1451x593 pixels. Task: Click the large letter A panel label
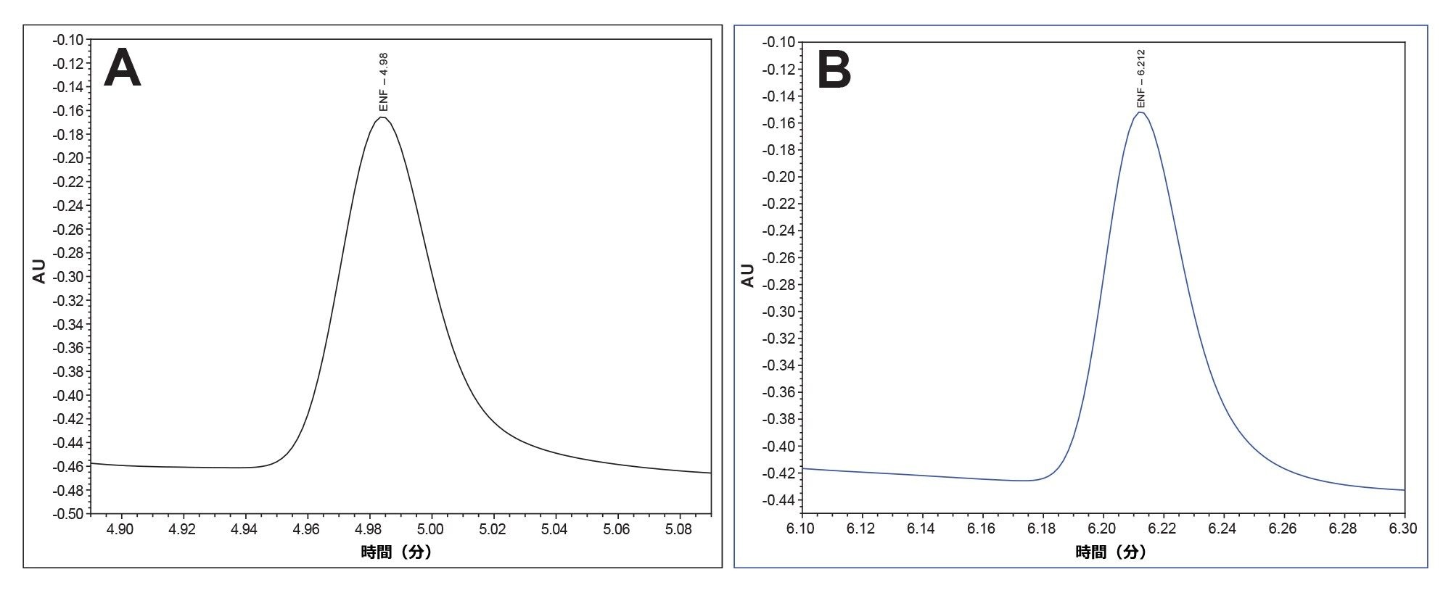click(122, 68)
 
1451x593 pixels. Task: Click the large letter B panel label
click(834, 71)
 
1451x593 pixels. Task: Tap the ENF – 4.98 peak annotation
click(385, 82)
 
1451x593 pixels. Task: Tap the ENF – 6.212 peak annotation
click(1141, 78)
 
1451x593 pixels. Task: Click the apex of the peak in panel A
click(382, 117)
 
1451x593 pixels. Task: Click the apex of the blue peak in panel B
click(1140, 112)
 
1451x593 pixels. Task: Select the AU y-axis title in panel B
click(747, 275)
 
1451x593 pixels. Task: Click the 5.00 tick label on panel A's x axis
click(431, 529)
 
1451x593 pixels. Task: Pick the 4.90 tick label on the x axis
click(120, 529)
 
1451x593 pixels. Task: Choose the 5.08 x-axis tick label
click(679, 529)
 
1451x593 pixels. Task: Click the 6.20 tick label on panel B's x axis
click(1102, 529)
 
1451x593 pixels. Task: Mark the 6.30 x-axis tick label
click(1402, 529)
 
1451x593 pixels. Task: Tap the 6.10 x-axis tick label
click(801, 529)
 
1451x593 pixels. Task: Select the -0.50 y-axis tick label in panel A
click(68, 514)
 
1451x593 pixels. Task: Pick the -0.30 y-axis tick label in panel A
click(68, 276)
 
